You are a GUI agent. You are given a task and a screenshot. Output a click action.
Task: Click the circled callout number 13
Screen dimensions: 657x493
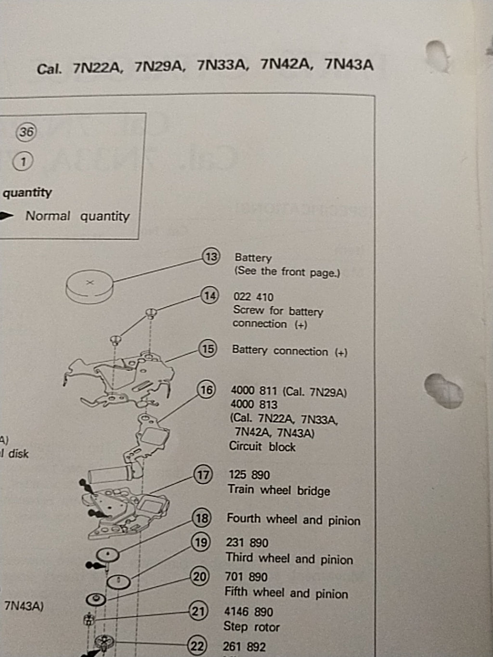211,257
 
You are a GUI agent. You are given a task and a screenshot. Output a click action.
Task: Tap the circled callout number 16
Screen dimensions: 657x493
207,389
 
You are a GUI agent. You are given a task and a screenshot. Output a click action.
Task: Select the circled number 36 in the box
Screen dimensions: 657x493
26,131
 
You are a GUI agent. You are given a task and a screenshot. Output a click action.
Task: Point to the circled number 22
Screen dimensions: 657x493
197,645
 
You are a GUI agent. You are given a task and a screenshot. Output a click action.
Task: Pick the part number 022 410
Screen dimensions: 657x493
253,297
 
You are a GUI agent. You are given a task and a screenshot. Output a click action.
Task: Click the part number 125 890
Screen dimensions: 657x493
249,475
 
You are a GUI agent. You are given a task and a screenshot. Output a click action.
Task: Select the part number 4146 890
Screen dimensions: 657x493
248,612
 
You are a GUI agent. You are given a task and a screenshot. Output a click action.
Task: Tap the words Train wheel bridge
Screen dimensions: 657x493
279,490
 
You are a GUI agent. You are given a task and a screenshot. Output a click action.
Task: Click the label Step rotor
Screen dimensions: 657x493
251,627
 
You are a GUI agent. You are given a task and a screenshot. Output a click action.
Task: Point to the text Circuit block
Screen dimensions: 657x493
262,447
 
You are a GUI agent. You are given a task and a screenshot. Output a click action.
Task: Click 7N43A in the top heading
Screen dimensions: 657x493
349,64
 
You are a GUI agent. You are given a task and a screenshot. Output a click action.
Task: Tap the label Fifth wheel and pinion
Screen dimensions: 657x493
286,593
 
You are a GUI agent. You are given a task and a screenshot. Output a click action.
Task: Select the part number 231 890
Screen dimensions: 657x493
247,543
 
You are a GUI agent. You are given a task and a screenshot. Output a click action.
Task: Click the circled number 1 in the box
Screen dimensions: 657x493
23,162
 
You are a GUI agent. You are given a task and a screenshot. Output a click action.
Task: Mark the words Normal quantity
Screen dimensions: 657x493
78,216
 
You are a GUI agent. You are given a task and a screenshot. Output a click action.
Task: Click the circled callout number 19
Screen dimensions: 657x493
201,542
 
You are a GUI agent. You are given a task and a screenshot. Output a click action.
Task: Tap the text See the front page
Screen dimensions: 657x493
287,272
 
